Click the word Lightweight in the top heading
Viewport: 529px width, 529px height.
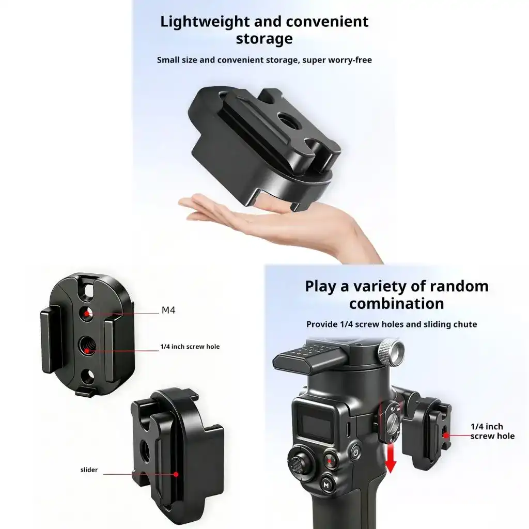205,22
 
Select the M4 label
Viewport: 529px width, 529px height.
168,310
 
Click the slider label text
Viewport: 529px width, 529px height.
89,470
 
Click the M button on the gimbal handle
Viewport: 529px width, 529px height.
326,485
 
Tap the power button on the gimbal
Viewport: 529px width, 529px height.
355,452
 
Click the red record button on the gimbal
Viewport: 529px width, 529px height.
330,460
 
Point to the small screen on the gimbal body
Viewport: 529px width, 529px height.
316,422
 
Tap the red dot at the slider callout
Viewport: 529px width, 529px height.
176,474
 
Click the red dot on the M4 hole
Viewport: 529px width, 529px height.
87,314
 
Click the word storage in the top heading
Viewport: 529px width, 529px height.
264,39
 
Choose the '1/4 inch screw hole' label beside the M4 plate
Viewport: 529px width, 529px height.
190,347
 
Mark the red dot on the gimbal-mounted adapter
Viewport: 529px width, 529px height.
446,435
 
